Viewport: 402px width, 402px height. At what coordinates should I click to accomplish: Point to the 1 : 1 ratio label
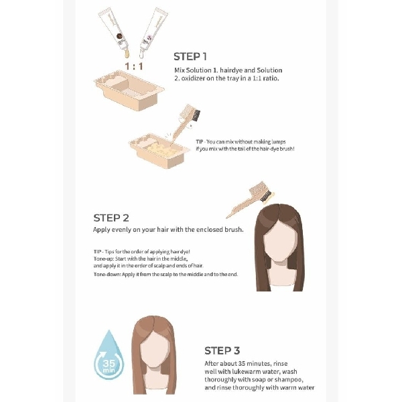pos(134,66)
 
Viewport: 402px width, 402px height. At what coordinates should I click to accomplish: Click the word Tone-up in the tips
pos(105,259)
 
